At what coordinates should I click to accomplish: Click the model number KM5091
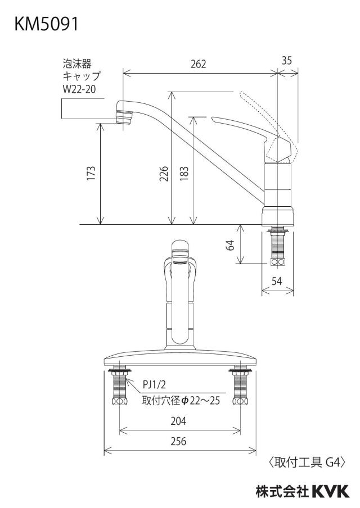(x=46, y=24)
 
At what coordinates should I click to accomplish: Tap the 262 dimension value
(x=198, y=64)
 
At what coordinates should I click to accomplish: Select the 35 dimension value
(x=286, y=61)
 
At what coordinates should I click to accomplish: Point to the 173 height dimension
(x=91, y=173)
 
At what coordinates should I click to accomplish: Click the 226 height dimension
(x=164, y=173)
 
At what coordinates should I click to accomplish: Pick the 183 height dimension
(x=183, y=174)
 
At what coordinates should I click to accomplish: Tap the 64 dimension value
(x=230, y=245)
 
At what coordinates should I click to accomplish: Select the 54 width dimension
(x=277, y=281)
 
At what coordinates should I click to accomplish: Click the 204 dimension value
(x=178, y=421)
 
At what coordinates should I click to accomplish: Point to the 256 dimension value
(x=178, y=441)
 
